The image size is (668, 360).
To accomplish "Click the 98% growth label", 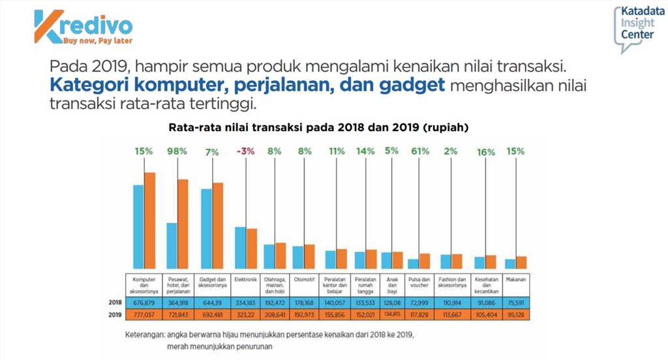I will tap(177, 151).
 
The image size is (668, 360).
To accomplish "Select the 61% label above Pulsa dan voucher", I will tap(420, 151).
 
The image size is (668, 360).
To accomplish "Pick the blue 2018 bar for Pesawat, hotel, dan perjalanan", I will tap(172, 246).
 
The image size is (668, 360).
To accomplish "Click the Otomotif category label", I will tap(305, 280).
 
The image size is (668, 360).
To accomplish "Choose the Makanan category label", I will tap(516, 280).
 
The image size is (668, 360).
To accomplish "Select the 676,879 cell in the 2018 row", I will tap(143, 303).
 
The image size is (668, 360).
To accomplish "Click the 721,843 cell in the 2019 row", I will tap(178, 315).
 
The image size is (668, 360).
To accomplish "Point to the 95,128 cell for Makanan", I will tap(516, 315).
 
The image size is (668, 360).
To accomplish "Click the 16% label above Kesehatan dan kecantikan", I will tap(487, 151).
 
